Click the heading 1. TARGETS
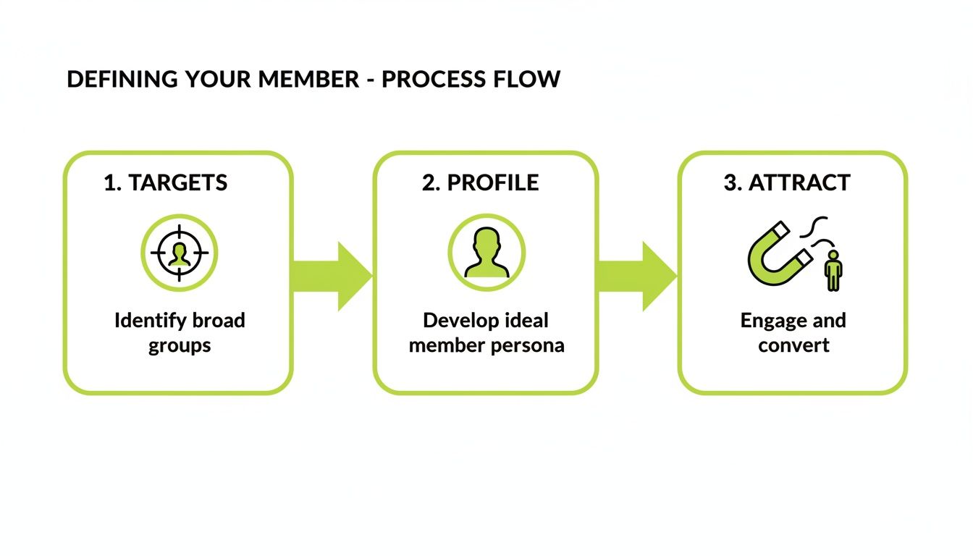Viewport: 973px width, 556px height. click(x=165, y=183)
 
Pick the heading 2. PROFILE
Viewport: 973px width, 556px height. click(x=481, y=183)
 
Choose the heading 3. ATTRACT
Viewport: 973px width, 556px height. click(x=786, y=183)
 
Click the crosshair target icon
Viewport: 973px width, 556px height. click(x=179, y=253)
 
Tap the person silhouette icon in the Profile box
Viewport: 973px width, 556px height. click(x=486, y=253)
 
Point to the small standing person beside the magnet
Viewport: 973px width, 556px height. click(x=833, y=271)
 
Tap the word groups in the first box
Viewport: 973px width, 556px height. click(x=180, y=345)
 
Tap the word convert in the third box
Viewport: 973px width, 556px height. click(x=793, y=345)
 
